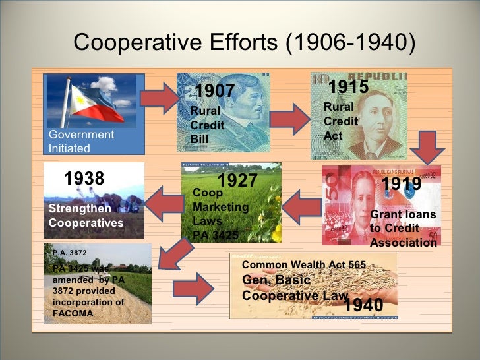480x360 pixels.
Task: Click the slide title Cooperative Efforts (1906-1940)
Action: (245, 43)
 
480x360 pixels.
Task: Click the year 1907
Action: (215, 90)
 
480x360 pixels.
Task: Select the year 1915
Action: (347, 86)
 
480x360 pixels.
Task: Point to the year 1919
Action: (402, 184)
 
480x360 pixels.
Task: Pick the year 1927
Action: (237, 181)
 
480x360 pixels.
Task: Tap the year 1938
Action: (84, 178)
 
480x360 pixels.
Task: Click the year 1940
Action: (363, 305)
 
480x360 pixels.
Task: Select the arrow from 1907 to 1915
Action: (289, 119)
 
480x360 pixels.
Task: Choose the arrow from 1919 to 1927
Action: (301, 205)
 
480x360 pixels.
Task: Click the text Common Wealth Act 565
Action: (304, 265)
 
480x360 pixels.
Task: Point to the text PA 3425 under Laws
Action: (216, 233)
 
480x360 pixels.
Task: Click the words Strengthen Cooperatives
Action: (86, 216)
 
